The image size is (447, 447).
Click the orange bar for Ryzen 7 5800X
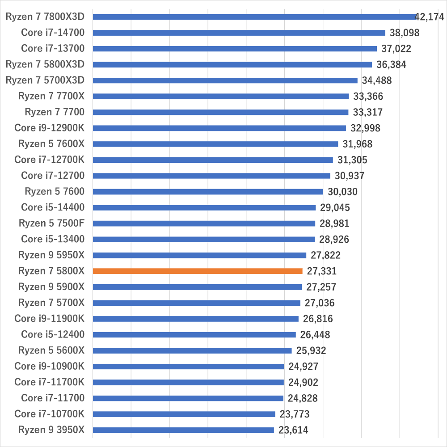[197, 271]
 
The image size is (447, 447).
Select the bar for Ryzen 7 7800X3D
[254, 17]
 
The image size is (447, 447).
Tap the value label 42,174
[430, 17]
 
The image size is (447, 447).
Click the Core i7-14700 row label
[53, 33]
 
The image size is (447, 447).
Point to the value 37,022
[396, 49]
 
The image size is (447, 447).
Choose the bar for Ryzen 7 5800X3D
[232, 65]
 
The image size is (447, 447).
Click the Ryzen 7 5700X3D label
[45, 80]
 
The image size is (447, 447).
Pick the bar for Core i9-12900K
[219, 128]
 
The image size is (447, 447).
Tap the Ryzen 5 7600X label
[51, 144]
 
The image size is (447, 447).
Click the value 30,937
[350, 176]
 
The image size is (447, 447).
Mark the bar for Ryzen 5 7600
[207, 192]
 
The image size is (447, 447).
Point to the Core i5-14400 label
[53, 207]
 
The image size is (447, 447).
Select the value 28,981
[334, 223]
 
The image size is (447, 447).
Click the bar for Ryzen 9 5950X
[199, 255]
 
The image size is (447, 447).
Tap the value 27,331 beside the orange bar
[321, 271]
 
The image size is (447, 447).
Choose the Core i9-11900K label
[49, 319]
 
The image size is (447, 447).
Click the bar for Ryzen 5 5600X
[192, 350]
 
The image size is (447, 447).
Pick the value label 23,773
[294, 414]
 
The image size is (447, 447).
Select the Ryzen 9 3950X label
[51, 430]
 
